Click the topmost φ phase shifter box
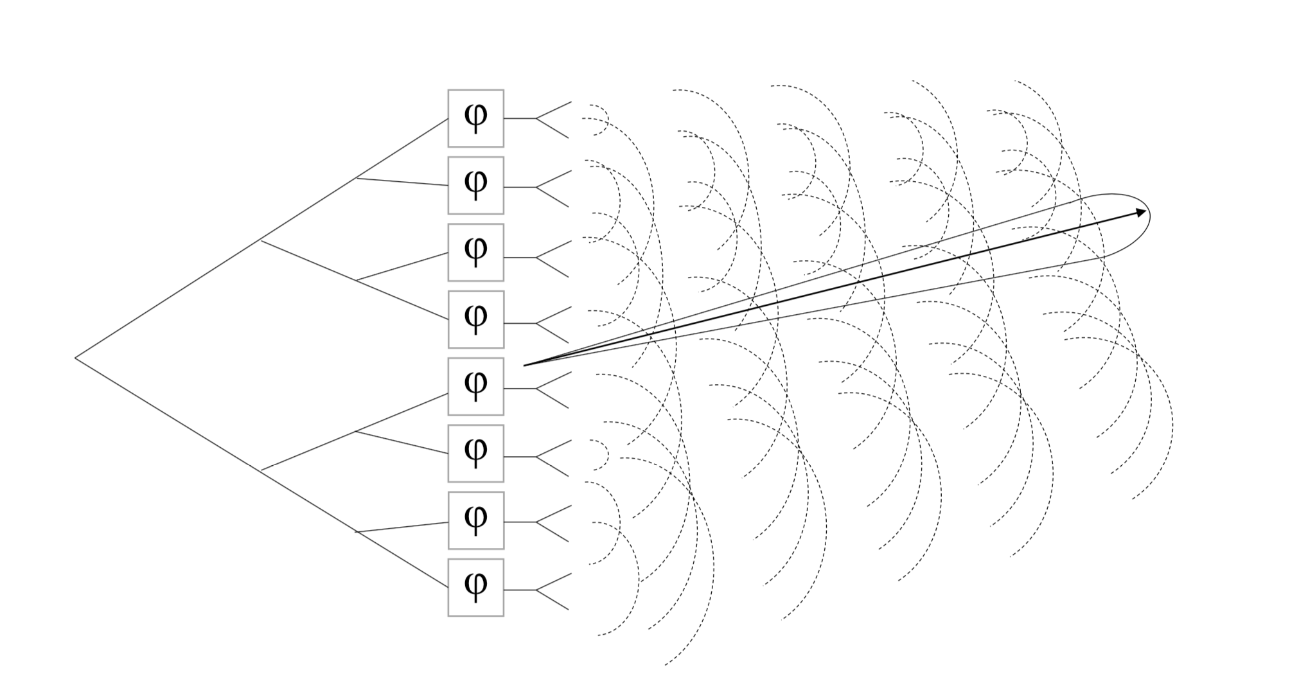coord(475,118)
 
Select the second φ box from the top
coord(475,185)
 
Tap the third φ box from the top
coord(475,252)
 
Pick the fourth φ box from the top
coord(475,319)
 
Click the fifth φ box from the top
coord(475,386)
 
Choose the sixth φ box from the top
coord(475,453)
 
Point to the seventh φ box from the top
coord(475,520)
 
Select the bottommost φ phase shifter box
coord(475,587)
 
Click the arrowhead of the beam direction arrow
coord(1141,212)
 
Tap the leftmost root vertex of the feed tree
coord(76,358)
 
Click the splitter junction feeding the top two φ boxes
coord(357,178)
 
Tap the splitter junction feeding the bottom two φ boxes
coord(357,532)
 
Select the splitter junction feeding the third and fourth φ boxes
coord(357,281)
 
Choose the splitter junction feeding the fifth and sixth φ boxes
coord(357,432)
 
